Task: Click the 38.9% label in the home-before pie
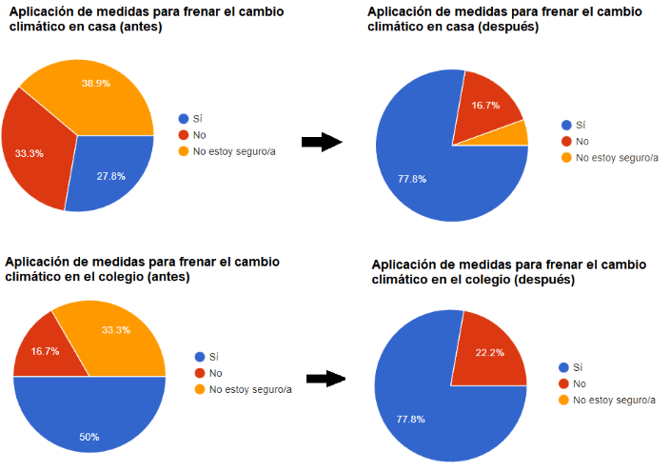(x=94, y=84)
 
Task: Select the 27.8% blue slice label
(x=111, y=177)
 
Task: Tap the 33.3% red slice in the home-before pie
(x=30, y=152)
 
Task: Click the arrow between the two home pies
(x=321, y=142)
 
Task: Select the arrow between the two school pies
(x=325, y=379)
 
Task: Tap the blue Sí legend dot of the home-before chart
(x=184, y=119)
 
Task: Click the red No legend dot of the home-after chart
(x=567, y=141)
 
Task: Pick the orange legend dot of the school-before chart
(x=199, y=389)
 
